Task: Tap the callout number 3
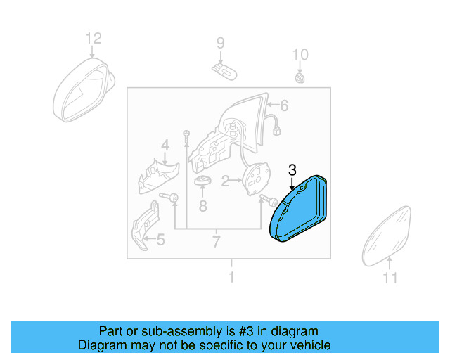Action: (x=292, y=169)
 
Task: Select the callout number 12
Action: (x=94, y=38)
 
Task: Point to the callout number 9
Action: (x=220, y=44)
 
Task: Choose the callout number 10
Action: (x=300, y=55)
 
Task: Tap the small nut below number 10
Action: (x=300, y=77)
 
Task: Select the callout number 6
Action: (x=284, y=106)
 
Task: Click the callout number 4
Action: (x=165, y=146)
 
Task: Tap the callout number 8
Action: (x=202, y=206)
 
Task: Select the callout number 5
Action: (x=160, y=240)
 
